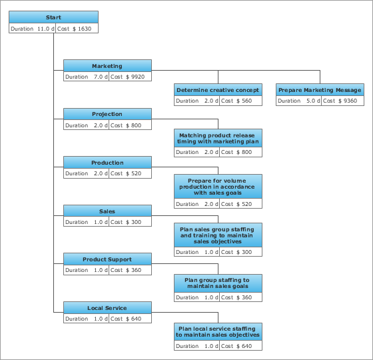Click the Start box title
(x=53, y=17)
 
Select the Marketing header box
(x=107, y=66)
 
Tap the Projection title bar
(x=107, y=114)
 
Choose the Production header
(x=107, y=163)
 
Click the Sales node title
(x=107, y=211)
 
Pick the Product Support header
(x=107, y=259)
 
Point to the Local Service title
(x=107, y=308)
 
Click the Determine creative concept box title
(x=218, y=90)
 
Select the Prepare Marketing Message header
(x=320, y=90)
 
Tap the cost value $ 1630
(x=82, y=29)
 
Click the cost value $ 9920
(x=135, y=77)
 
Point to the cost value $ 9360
(x=348, y=101)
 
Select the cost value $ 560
(x=244, y=101)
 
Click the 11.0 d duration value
(x=46, y=29)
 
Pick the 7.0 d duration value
(x=101, y=77)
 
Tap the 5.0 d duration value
(x=313, y=101)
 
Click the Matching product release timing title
(x=218, y=139)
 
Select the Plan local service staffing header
(x=218, y=332)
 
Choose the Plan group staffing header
(x=218, y=283)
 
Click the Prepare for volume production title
(x=218, y=187)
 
